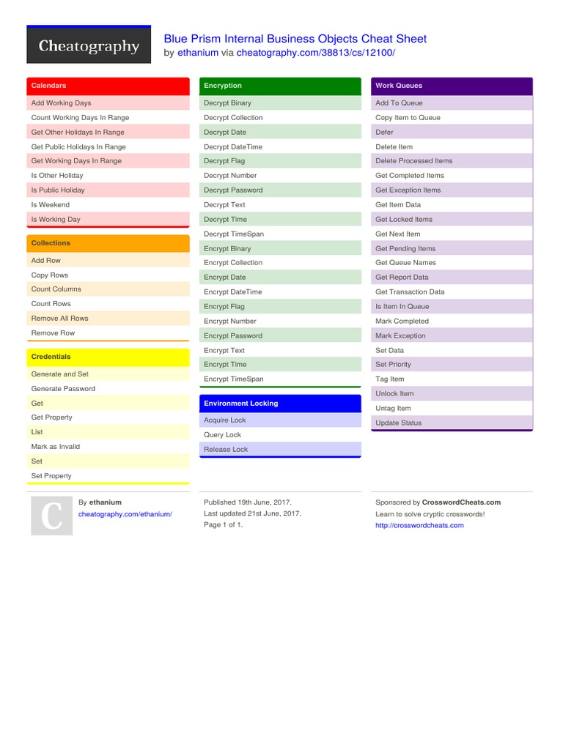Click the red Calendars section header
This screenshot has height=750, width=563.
click(x=108, y=86)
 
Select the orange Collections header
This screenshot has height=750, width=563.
click(x=108, y=243)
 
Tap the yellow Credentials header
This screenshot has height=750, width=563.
click(x=108, y=357)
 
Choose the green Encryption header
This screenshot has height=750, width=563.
click(x=280, y=86)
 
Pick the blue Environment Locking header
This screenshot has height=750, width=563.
click(x=280, y=404)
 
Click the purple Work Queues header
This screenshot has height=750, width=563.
click(x=452, y=86)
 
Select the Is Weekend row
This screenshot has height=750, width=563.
click(x=51, y=205)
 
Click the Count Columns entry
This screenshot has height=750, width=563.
click(x=56, y=289)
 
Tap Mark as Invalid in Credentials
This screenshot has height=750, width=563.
click(x=56, y=447)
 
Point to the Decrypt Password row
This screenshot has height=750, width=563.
click(x=233, y=190)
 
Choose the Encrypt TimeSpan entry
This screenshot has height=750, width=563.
click(x=234, y=379)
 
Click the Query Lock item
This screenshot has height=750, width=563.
click(x=222, y=435)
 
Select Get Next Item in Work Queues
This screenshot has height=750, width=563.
click(x=398, y=234)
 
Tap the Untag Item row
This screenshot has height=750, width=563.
click(x=394, y=409)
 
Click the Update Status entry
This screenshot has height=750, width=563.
click(x=399, y=423)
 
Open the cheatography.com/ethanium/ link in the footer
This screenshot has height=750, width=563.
click(x=125, y=514)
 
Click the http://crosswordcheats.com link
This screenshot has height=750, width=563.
click(x=419, y=525)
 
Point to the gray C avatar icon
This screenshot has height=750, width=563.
click(x=51, y=516)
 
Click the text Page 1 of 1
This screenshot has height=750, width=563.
click(x=223, y=525)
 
